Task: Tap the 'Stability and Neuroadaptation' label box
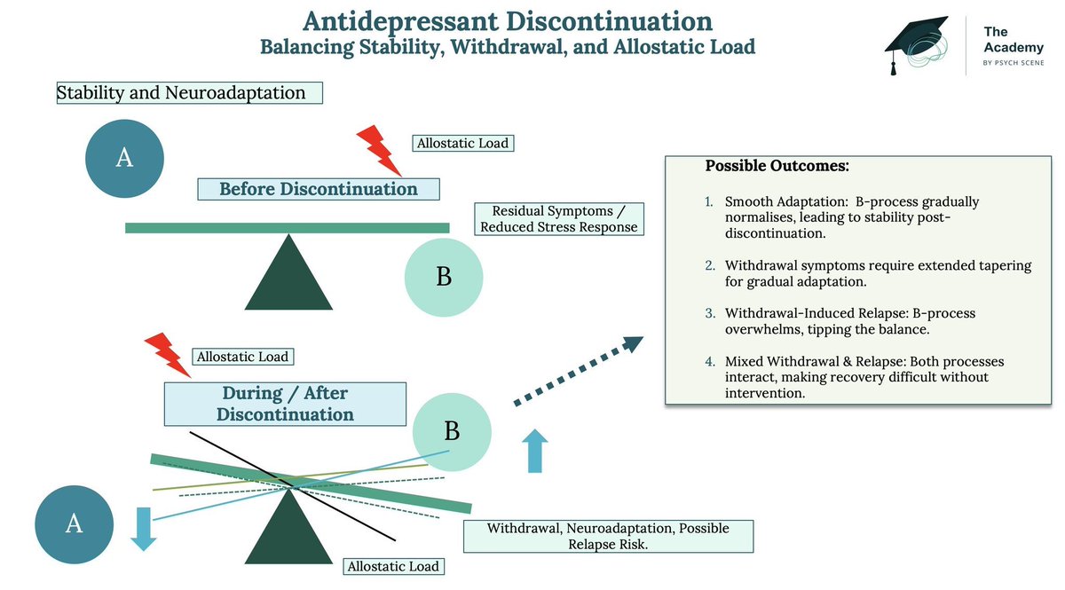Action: click(x=190, y=92)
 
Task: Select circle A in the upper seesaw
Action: click(x=124, y=158)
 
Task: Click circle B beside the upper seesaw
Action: click(x=444, y=277)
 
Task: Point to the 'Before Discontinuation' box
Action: click(x=319, y=189)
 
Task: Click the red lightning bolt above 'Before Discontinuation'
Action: click(x=379, y=151)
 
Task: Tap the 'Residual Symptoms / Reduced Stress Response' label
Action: click(x=559, y=219)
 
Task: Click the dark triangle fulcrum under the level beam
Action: click(x=288, y=272)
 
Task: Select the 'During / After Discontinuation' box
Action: click(x=285, y=404)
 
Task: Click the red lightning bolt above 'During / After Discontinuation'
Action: click(x=168, y=355)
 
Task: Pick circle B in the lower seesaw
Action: click(x=452, y=432)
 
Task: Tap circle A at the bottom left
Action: click(x=75, y=524)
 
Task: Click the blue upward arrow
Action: click(x=535, y=451)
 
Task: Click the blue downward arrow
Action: click(x=144, y=529)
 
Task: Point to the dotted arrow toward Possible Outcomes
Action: click(x=579, y=371)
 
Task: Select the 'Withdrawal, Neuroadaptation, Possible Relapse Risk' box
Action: click(x=609, y=536)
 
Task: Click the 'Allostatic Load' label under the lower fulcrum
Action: click(x=394, y=567)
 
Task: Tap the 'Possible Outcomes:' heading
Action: click(x=777, y=166)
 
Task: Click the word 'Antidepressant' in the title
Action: click(x=401, y=22)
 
